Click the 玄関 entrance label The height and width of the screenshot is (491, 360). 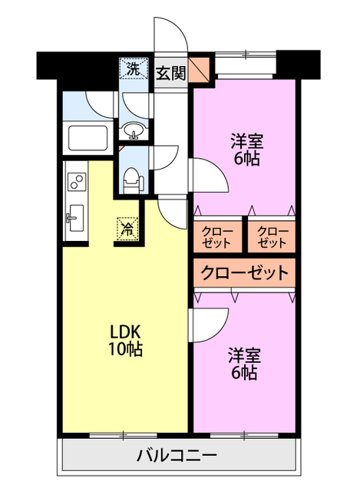coord(170,74)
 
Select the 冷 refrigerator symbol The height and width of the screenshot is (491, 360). coord(128,227)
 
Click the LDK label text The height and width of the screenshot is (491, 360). coord(124,331)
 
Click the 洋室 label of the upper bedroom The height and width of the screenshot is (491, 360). coord(246,142)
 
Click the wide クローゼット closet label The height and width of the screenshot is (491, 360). coord(245,272)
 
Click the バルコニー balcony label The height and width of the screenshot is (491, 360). coord(177,456)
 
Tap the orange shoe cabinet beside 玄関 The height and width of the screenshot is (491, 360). coord(200,71)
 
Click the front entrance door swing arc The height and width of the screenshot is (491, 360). coord(170,35)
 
